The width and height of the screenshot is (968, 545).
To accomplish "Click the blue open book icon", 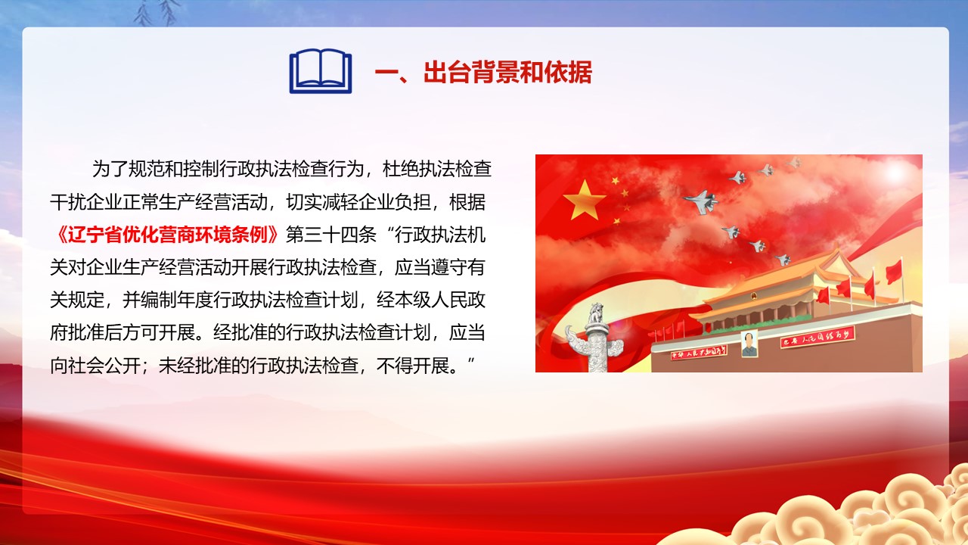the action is [x=320, y=71].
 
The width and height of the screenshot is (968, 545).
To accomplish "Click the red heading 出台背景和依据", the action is [x=507, y=72].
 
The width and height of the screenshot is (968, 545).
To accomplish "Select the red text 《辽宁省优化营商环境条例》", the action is [x=167, y=235].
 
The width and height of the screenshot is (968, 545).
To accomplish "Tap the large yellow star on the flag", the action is [x=584, y=199].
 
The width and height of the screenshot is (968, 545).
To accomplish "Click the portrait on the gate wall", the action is [x=749, y=344].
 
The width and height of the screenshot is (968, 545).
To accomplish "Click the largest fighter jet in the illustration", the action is [x=702, y=201].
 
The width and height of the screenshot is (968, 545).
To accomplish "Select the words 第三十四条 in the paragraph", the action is [x=331, y=235].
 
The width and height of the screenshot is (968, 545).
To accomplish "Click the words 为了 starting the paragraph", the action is [x=110, y=169].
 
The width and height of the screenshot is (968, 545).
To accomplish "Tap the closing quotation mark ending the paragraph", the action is [x=471, y=361].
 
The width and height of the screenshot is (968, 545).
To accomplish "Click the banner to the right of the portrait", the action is [x=817, y=337].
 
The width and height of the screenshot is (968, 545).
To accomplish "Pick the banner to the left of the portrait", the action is [x=698, y=352].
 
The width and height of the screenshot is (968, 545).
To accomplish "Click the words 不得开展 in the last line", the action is [x=413, y=366].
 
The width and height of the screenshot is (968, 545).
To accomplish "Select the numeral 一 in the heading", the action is [x=386, y=73].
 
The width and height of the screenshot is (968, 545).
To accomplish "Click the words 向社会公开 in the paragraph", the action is [x=95, y=366].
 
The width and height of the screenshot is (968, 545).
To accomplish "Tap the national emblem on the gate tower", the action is [x=753, y=296].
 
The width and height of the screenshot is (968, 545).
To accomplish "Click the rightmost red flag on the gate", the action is [x=894, y=272].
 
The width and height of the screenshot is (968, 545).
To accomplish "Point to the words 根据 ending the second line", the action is [x=467, y=202].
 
